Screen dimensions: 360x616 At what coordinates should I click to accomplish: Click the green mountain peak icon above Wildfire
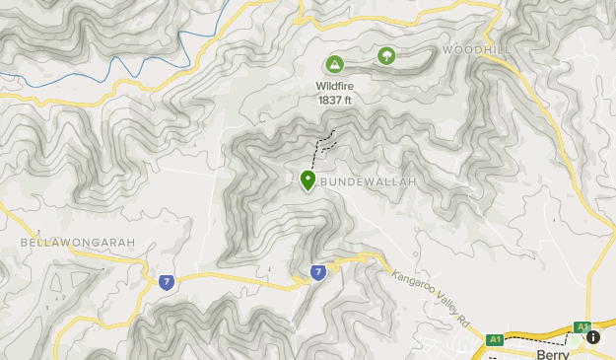click(x=334, y=65)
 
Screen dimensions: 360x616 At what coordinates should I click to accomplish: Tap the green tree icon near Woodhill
click(x=385, y=56)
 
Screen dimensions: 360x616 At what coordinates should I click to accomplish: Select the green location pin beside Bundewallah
click(x=308, y=180)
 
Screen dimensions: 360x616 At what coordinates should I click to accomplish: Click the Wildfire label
click(x=335, y=86)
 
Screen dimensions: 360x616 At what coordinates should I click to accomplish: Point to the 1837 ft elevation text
click(x=335, y=99)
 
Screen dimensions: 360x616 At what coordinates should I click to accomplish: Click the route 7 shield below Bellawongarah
click(x=167, y=281)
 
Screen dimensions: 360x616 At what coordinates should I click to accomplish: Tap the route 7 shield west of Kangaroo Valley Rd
click(x=317, y=272)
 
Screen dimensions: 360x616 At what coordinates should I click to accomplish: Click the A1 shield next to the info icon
click(x=582, y=327)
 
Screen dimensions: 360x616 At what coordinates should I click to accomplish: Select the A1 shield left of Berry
click(x=494, y=340)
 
